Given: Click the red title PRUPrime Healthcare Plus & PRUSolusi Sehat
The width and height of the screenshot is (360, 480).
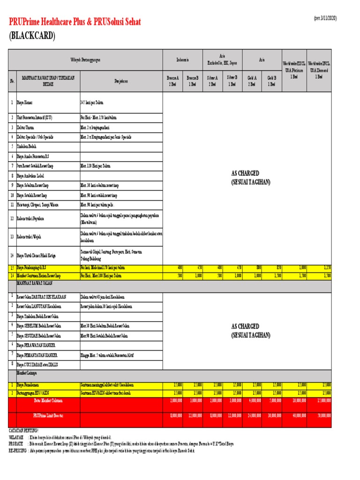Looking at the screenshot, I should point(75,22).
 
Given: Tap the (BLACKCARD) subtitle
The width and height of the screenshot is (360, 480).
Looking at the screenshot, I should point(32,36).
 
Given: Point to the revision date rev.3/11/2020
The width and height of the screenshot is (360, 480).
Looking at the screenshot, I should point(325,18).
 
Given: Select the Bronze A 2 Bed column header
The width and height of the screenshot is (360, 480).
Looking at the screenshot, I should point(173,81).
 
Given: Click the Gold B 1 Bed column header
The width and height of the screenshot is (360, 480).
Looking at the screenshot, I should point(271,81).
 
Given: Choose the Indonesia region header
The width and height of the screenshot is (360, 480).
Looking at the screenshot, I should point(182,60).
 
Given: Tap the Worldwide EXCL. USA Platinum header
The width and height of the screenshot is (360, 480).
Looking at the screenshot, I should point(294,69).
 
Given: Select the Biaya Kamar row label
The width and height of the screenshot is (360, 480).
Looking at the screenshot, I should point(25,102).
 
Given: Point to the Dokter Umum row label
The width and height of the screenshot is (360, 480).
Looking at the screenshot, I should point(27,127).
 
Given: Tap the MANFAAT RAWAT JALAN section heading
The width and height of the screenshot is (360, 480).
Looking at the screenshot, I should point(36,284).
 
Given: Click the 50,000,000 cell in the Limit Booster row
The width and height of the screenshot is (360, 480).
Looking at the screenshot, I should point(323,415).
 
